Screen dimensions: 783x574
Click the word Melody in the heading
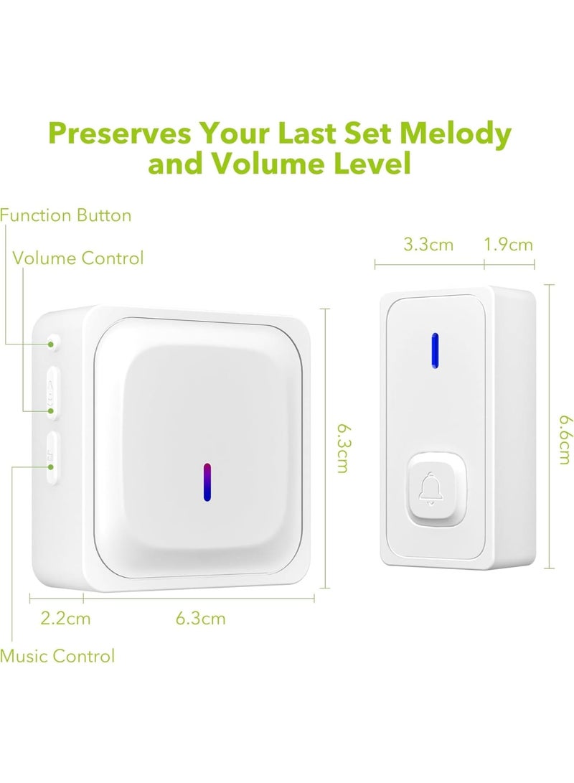click(x=455, y=133)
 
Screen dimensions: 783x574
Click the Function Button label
click(x=66, y=215)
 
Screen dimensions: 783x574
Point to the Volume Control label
click(x=78, y=258)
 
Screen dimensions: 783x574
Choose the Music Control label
click(x=57, y=655)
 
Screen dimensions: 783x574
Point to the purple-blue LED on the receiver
click(x=206, y=481)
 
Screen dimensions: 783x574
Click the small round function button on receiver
click(x=53, y=342)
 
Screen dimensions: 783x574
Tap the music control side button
click(x=51, y=457)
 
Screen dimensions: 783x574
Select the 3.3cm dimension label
click(x=428, y=245)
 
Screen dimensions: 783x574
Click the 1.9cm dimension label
click(x=508, y=245)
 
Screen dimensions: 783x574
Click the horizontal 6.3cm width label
click(x=200, y=618)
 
